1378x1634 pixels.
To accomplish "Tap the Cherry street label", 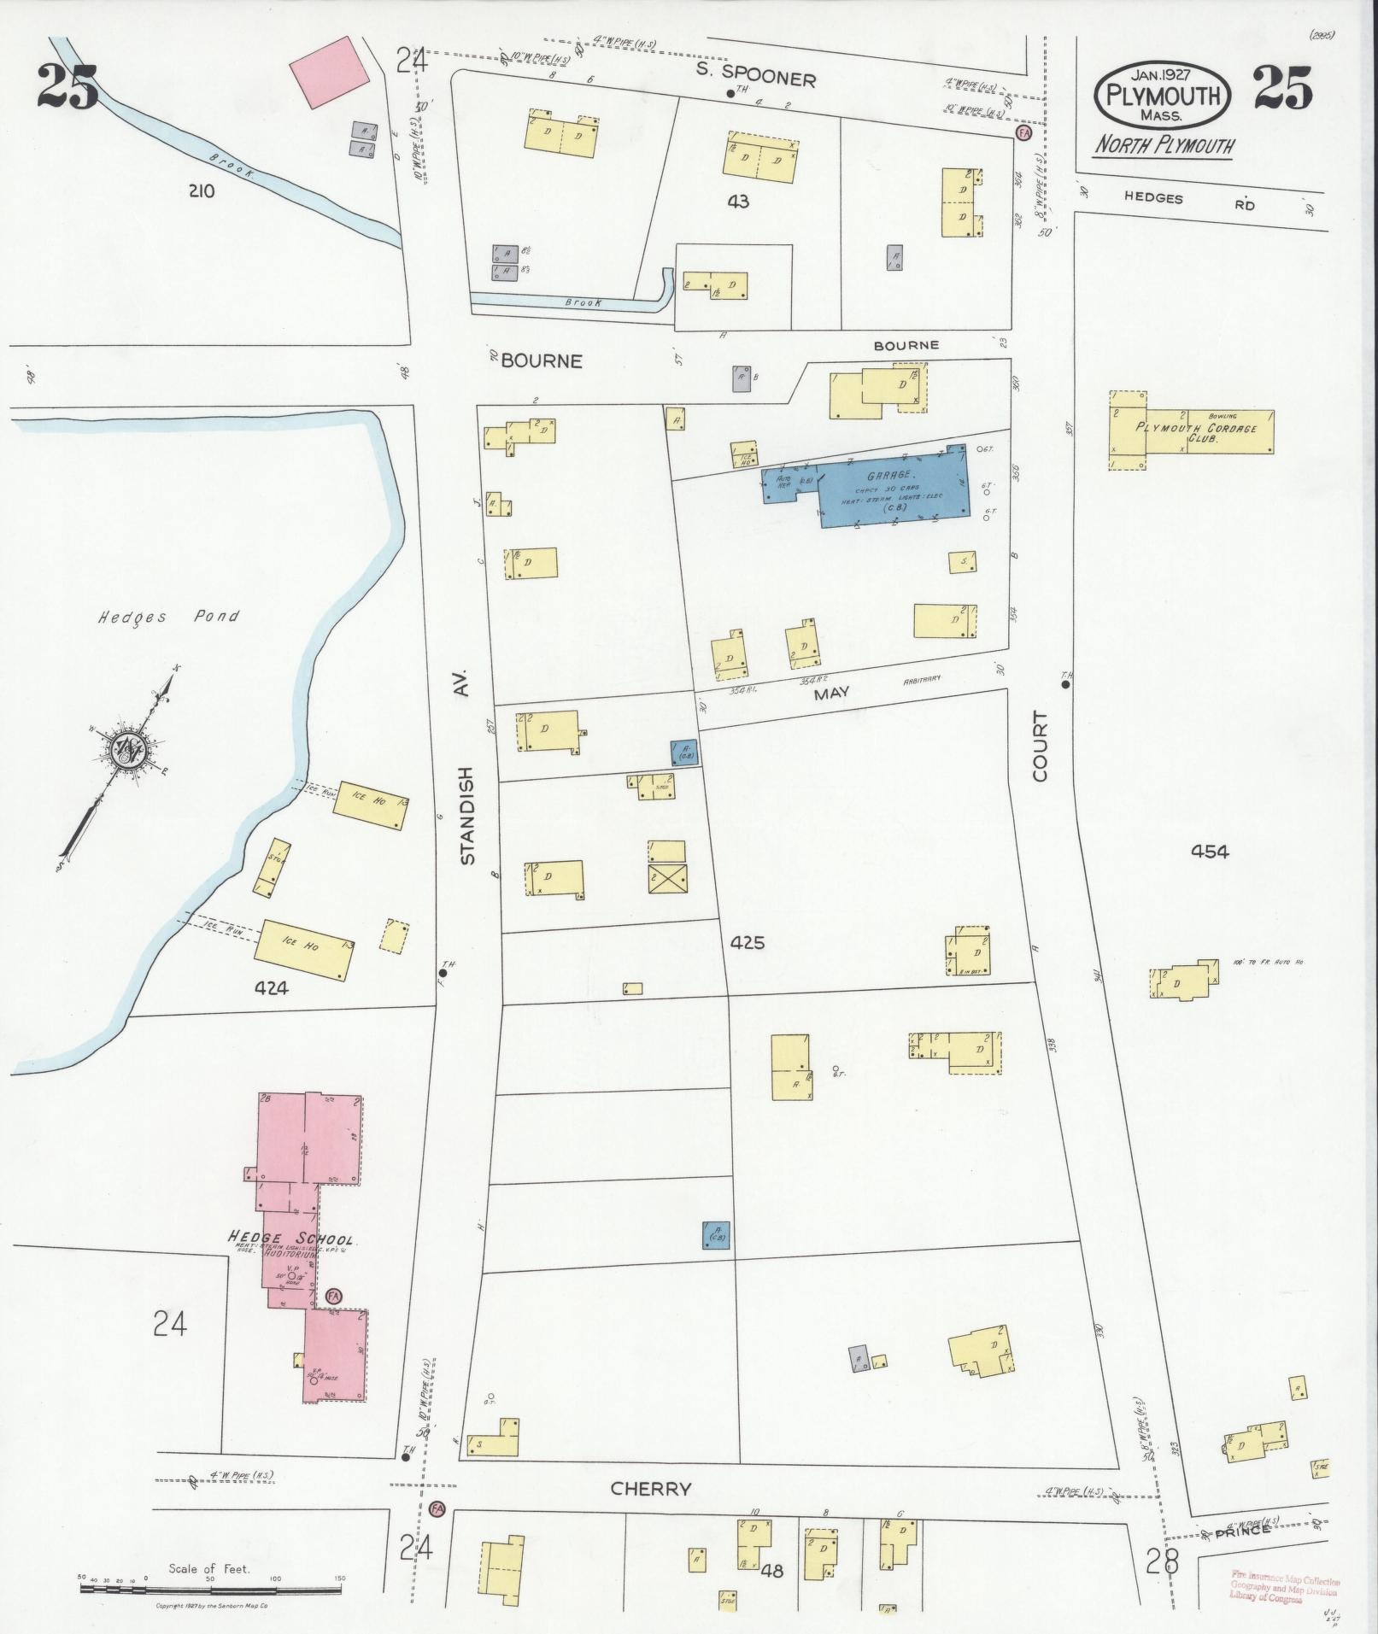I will click(650, 1489).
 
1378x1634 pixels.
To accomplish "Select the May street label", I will click(833, 694).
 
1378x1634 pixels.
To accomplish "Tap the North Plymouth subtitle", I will click(1165, 145).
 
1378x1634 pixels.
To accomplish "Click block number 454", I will click(1211, 850).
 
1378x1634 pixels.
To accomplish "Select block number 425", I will click(748, 943).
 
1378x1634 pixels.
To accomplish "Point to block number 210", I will click(201, 190).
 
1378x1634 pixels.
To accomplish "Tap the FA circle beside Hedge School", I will click(333, 1295).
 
